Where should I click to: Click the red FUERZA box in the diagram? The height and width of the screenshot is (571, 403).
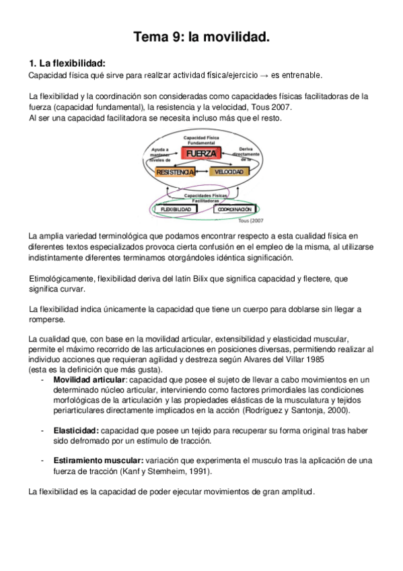[x=201, y=154]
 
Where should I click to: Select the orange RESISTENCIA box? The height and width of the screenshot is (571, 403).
[x=175, y=173]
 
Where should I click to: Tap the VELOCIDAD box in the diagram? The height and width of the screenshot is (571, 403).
[x=227, y=173]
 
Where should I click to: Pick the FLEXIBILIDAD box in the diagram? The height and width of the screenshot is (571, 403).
[x=177, y=209]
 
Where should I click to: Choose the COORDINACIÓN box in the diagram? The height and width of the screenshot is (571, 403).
[x=235, y=209]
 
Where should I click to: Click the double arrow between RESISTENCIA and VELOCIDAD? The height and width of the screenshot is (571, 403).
[x=201, y=173]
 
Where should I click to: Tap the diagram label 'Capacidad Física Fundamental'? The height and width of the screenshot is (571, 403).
[x=201, y=140]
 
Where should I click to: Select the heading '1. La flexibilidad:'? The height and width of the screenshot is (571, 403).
[x=67, y=63]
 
